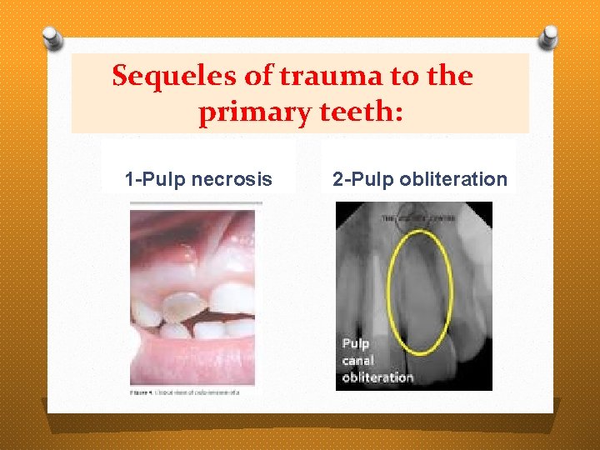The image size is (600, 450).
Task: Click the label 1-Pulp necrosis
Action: click(x=198, y=178)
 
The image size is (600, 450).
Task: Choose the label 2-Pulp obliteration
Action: click(x=419, y=178)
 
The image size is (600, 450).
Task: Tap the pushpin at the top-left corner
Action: click(x=51, y=37)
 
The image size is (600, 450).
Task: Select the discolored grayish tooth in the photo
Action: click(x=181, y=307)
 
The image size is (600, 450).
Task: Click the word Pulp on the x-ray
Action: click(x=356, y=343)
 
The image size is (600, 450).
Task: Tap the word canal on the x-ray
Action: click(x=358, y=360)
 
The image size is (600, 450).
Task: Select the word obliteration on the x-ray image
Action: click(x=377, y=377)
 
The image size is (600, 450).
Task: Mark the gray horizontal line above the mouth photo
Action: click(x=196, y=202)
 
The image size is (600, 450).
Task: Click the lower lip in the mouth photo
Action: click(x=192, y=358)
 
